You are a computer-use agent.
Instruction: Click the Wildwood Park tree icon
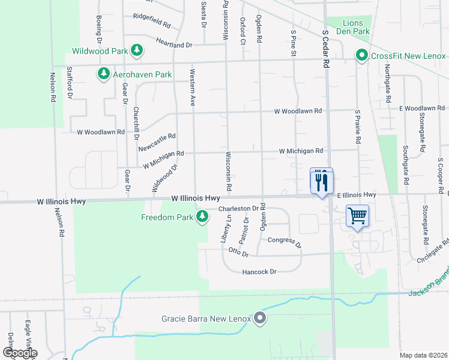[x=137, y=50]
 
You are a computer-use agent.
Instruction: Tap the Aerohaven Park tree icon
[x=104, y=74]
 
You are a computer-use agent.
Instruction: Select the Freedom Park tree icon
[x=202, y=216]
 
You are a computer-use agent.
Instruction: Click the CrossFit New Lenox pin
[x=361, y=55]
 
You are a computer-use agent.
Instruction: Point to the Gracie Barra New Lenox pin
[x=259, y=317]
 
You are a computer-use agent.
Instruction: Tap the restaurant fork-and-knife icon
[x=321, y=180]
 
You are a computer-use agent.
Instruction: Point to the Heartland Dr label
[x=173, y=44]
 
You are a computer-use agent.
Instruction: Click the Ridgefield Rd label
[x=152, y=16]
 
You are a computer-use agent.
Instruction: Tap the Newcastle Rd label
[x=157, y=143]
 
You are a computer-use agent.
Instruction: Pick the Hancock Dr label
[x=259, y=272]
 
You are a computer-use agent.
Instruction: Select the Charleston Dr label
[x=241, y=209]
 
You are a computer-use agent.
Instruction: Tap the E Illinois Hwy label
[x=356, y=195]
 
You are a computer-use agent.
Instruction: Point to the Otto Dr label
[x=238, y=253]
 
